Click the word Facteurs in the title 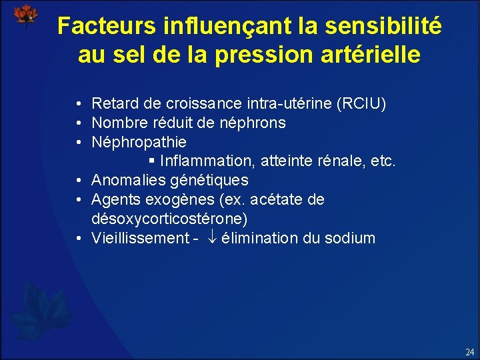(x=106, y=26)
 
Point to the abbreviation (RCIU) (x=363, y=104)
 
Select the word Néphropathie (x=139, y=143)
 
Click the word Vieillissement (x=139, y=239)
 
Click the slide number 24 (x=469, y=351)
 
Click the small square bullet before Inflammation (x=152, y=161)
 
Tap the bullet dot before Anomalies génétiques (x=79, y=181)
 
